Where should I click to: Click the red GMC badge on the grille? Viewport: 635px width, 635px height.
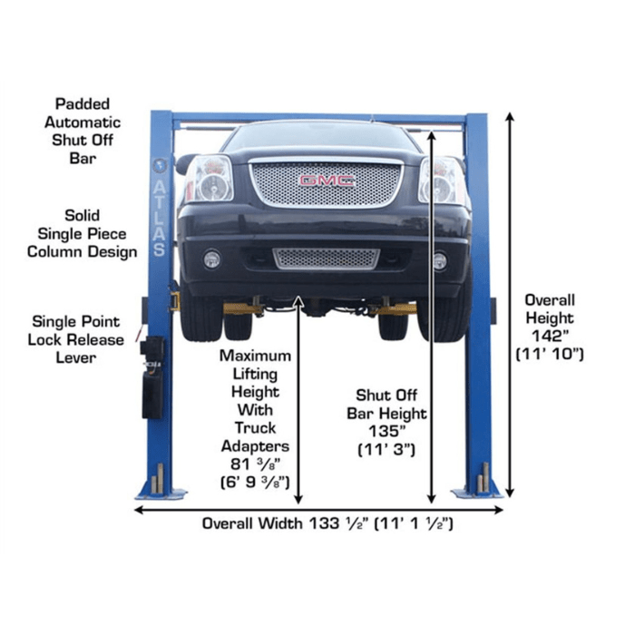click(x=327, y=181)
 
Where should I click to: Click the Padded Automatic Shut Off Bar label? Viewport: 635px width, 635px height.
click(x=87, y=132)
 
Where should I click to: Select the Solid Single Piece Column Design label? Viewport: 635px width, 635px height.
click(x=88, y=233)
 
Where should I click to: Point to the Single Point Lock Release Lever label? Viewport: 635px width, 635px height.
click(x=76, y=338)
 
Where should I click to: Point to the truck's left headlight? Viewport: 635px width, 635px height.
click(x=210, y=179)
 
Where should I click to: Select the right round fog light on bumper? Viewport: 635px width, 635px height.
click(x=440, y=260)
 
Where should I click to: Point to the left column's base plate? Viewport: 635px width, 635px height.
click(x=160, y=491)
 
